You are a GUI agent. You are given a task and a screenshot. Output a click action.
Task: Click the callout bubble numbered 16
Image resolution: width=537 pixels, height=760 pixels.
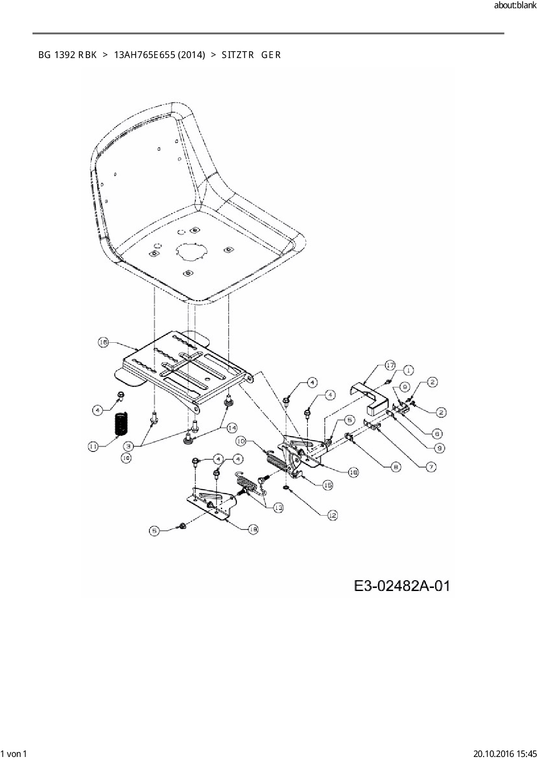(x=103, y=342)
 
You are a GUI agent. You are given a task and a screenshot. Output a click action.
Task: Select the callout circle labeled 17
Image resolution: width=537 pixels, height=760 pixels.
(x=390, y=365)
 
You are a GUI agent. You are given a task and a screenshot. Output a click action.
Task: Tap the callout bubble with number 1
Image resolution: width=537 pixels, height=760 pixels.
(x=408, y=370)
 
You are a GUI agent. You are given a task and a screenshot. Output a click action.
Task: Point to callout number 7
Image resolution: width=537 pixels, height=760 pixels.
(x=431, y=467)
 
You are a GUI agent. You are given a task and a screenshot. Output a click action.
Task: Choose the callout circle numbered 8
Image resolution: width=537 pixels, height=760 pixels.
(x=396, y=467)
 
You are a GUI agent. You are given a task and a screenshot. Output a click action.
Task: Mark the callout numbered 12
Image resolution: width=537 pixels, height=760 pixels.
(x=332, y=515)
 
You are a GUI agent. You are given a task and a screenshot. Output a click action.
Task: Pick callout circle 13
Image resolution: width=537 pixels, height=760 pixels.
(x=278, y=507)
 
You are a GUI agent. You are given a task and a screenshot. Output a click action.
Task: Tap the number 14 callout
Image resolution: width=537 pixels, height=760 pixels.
(x=232, y=428)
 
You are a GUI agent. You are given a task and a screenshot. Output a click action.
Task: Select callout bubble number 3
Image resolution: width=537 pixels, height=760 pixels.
(x=128, y=445)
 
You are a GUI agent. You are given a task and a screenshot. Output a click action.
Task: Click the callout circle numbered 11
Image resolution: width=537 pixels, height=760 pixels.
(x=93, y=446)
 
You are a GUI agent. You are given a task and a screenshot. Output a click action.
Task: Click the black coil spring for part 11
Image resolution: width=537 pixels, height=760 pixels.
(x=121, y=424)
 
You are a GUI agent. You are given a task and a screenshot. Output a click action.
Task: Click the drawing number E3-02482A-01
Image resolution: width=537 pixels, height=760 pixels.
(x=402, y=586)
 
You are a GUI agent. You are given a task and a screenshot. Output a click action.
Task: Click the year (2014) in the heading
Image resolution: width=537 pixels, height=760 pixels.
(x=191, y=55)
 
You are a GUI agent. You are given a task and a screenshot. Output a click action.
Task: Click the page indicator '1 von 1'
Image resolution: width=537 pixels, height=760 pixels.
(x=14, y=754)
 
